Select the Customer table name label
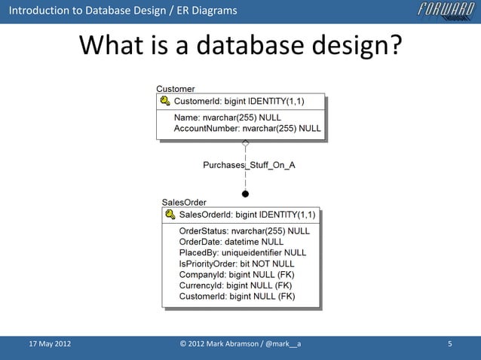175,90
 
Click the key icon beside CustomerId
164,102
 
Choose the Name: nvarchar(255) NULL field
227,118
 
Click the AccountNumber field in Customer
247,129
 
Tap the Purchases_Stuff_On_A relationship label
249,165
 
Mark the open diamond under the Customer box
245,142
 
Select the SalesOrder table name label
185,203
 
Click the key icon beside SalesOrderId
170,215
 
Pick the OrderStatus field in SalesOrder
244,231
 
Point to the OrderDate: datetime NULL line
231,242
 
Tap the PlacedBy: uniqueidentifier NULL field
242,253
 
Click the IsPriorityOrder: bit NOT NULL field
237,264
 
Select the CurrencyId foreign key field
235,286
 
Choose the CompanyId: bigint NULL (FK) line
235,275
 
